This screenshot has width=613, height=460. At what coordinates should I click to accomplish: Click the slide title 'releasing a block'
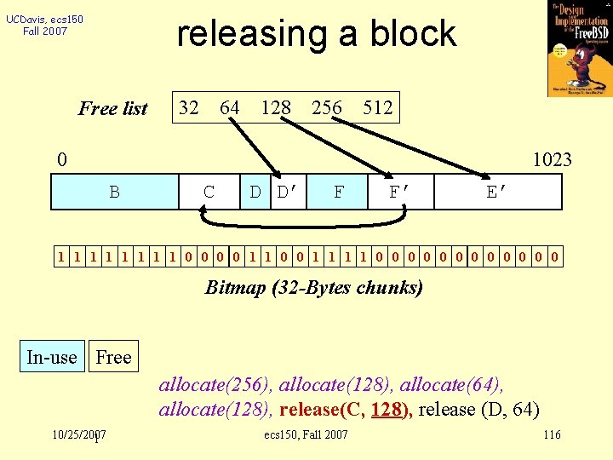pos(316,34)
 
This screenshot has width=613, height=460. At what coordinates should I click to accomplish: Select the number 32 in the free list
pos(189,107)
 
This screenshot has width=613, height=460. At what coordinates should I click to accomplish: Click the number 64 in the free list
pos(230,107)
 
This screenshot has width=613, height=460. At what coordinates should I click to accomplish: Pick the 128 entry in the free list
pos(276,107)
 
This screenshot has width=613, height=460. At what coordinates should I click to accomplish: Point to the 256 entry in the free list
pos(327,107)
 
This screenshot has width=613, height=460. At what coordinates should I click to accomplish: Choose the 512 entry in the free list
pos(377,107)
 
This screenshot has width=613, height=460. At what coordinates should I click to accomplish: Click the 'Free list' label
pos(113,108)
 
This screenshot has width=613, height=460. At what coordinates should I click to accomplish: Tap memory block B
pos(114,192)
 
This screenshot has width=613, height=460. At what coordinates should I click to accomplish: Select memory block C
pos(209,192)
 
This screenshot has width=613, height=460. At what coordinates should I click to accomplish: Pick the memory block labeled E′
pos(498,192)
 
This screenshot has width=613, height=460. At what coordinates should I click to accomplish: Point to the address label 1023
pos(552,159)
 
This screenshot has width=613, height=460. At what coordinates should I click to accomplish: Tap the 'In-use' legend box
pos(51,357)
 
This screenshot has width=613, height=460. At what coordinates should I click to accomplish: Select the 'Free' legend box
pos(113,357)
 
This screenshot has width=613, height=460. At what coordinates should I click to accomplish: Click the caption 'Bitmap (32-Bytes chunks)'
pos(314,287)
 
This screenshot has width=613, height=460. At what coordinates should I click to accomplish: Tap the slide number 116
pos(552,435)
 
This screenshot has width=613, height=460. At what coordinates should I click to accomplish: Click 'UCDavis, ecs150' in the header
pos(44,19)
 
